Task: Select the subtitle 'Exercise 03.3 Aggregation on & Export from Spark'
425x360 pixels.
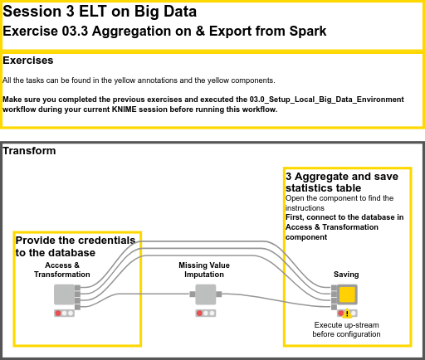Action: [x=164, y=31]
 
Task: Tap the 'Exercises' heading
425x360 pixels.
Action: [x=28, y=61]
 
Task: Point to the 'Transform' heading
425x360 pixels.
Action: [x=30, y=151]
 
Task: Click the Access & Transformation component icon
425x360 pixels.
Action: [x=65, y=294]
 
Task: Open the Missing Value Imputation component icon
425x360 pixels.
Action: [x=205, y=294]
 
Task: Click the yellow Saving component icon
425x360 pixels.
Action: [x=346, y=294]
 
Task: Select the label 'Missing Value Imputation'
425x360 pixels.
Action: [x=205, y=270]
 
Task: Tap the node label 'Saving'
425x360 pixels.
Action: [x=346, y=275]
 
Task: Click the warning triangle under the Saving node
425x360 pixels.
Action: [x=347, y=314]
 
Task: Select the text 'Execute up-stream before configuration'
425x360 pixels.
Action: [x=346, y=329]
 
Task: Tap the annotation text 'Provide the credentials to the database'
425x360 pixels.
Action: [x=75, y=246]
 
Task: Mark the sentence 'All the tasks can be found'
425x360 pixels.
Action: [x=139, y=80]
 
